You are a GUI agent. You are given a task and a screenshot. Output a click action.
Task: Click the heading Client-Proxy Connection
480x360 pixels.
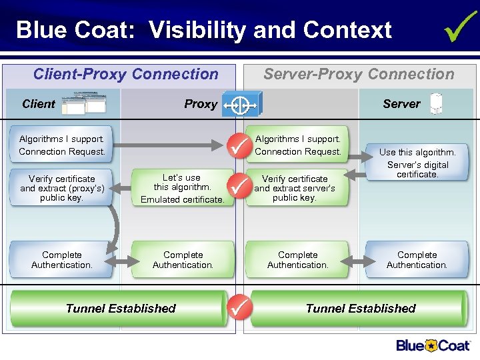pyautogui.click(x=125, y=74)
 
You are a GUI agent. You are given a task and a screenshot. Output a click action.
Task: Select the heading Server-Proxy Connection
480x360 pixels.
pyautogui.click(x=359, y=74)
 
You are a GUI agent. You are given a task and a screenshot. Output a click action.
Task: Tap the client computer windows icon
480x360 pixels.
pyautogui.click(x=83, y=103)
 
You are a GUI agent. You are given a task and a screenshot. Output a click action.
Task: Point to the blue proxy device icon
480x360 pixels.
pyautogui.click(x=242, y=104)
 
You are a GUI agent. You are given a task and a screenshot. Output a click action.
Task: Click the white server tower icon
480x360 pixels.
pyautogui.click(x=436, y=103)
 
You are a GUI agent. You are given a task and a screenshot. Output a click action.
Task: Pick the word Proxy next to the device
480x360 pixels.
pyautogui.click(x=201, y=104)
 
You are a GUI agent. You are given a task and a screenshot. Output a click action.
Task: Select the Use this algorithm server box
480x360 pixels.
pyautogui.click(x=417, y=164)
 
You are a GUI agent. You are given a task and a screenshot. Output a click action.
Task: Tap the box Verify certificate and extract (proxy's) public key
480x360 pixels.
pyautogui.click(x=61, y=188)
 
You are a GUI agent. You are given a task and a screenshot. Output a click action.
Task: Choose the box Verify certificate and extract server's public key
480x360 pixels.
pyautogui.click(x=295, y=188)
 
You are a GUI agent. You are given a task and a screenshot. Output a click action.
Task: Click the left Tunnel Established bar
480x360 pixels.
pyautogui.click(x=121, y=308)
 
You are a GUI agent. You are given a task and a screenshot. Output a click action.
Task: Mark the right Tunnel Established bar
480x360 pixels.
pyautogui.click(x=360, y=308)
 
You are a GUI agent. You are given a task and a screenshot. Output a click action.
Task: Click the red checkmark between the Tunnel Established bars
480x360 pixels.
pyautogui.click(x=239, y=307)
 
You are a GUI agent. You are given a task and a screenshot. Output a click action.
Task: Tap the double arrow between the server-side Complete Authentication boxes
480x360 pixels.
pyautogui.click(x=357, y=260)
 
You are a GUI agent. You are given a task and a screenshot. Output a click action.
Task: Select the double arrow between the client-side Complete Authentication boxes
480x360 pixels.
pyautogui.click(x=119, y=260)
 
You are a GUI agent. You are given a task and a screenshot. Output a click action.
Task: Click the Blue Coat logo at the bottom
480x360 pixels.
pyautogui.click(x=433, y=345)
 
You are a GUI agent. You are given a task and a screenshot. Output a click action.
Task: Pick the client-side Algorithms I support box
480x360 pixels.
pyautogui.click(x=61, y=145)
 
